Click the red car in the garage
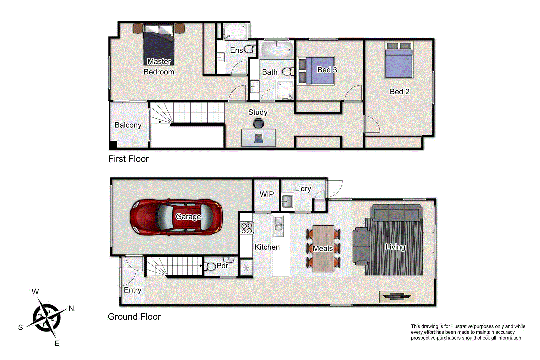(176, 218)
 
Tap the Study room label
(258, 112)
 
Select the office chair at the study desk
(258, 123)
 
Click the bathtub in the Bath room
(277, 50)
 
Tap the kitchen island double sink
(278, 224)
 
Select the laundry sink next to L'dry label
(287, 201)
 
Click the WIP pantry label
(267, 194)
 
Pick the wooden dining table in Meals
(323, 248)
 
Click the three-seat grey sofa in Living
(396, 213)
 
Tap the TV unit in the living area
(397, 296)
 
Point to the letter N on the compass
(71, 308)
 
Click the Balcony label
(128, 125)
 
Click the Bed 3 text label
(327, 70)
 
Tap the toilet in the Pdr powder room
(211, 266)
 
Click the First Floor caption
(128, 159)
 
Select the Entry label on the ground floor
(132, 290)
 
